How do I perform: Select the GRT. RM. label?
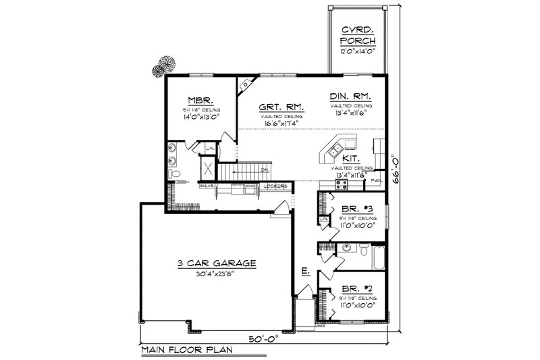point(281,107)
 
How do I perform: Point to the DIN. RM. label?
point(351,97)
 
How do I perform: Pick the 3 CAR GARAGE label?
point(217,263)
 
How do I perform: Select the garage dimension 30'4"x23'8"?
point(217,274)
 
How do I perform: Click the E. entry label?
point(305,272)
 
